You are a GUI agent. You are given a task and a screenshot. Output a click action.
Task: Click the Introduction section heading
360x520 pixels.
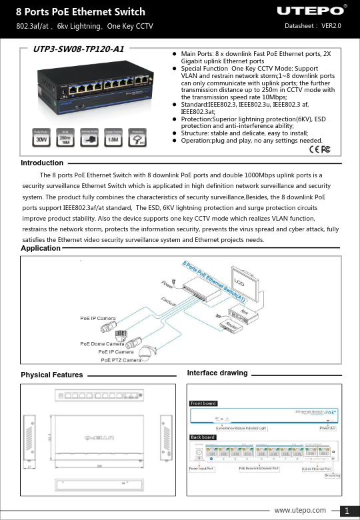point(42,163)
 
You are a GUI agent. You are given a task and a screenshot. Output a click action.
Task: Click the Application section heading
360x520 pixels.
point(41,247)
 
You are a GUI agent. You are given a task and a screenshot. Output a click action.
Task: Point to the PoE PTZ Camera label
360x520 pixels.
point(121,360)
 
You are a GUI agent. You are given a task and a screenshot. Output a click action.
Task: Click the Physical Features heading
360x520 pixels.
point(52,375)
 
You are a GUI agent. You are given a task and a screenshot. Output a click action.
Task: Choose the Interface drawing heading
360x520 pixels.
point(217,373)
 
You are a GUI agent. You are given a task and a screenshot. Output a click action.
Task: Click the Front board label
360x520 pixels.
point(203,403)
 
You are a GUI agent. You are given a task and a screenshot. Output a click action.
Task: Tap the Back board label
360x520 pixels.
point(202,437)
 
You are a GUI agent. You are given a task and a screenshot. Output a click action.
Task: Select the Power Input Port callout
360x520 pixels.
point(202,469)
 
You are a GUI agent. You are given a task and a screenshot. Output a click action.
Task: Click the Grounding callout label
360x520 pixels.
point(332,475)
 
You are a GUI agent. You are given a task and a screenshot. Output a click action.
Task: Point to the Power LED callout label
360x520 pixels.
point(327,427)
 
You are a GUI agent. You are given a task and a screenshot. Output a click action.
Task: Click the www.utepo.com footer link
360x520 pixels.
point(300,510)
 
